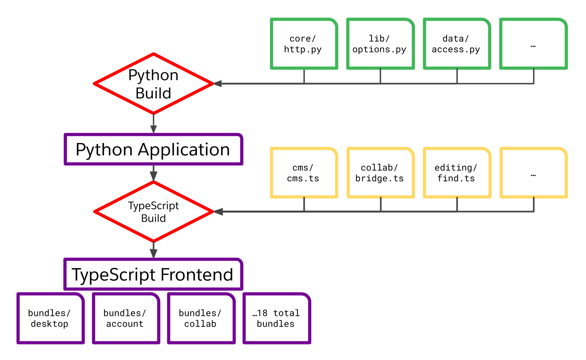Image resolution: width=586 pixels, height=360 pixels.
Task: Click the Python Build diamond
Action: [153, 84]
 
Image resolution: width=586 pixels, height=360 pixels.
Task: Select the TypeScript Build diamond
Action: [153, 212]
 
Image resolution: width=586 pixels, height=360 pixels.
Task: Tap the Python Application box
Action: [153, 149]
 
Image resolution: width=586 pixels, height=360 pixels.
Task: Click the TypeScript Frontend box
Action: [153, 275]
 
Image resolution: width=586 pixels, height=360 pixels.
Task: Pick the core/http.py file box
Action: [304, 44]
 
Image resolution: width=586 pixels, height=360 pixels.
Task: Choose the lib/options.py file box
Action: [380, 44]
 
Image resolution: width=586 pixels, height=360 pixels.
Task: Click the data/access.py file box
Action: [457, 44]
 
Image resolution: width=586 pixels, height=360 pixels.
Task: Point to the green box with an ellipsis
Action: [533, 44]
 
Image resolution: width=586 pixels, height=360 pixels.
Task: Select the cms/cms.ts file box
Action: [304, 173]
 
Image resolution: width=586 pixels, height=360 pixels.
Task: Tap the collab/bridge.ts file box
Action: [380, 173]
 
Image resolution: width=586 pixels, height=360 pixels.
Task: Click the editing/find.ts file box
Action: [457, 173]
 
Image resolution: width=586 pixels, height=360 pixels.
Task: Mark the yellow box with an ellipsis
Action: [533, 173]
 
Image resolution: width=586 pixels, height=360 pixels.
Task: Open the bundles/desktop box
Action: [50, 318]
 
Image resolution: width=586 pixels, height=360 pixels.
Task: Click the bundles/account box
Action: [126, 318]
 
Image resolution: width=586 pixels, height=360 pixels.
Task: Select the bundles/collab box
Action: [201, 318]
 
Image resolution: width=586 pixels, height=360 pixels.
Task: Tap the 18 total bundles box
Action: [277, 318]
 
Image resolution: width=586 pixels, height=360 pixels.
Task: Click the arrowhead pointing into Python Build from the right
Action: [218, 84]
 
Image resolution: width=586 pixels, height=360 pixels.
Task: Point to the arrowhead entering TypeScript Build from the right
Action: [218, 212]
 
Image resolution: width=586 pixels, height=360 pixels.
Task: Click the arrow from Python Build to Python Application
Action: [153, 124]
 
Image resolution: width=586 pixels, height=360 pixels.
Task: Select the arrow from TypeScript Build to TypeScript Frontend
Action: [153, 250]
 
